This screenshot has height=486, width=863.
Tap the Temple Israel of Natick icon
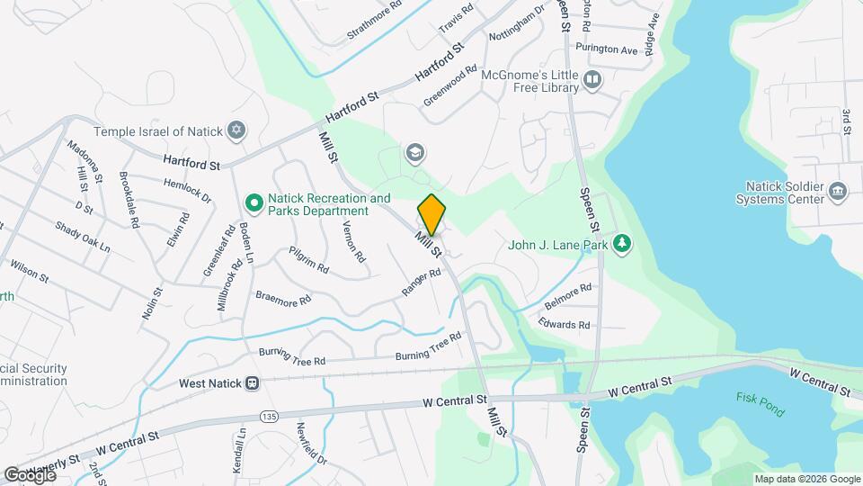coord(236,131)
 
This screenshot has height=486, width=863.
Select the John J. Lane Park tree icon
coord(621,243)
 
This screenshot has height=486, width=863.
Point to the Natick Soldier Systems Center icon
coord(838,191)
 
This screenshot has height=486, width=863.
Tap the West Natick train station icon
coord(253,383)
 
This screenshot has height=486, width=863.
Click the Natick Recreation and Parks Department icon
coord(254,203)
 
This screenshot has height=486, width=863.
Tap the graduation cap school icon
coord(414,153)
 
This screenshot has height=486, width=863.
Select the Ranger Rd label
coord(421,286)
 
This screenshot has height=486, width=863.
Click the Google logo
coord(29,474)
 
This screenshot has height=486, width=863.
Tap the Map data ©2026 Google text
coord(806,479)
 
